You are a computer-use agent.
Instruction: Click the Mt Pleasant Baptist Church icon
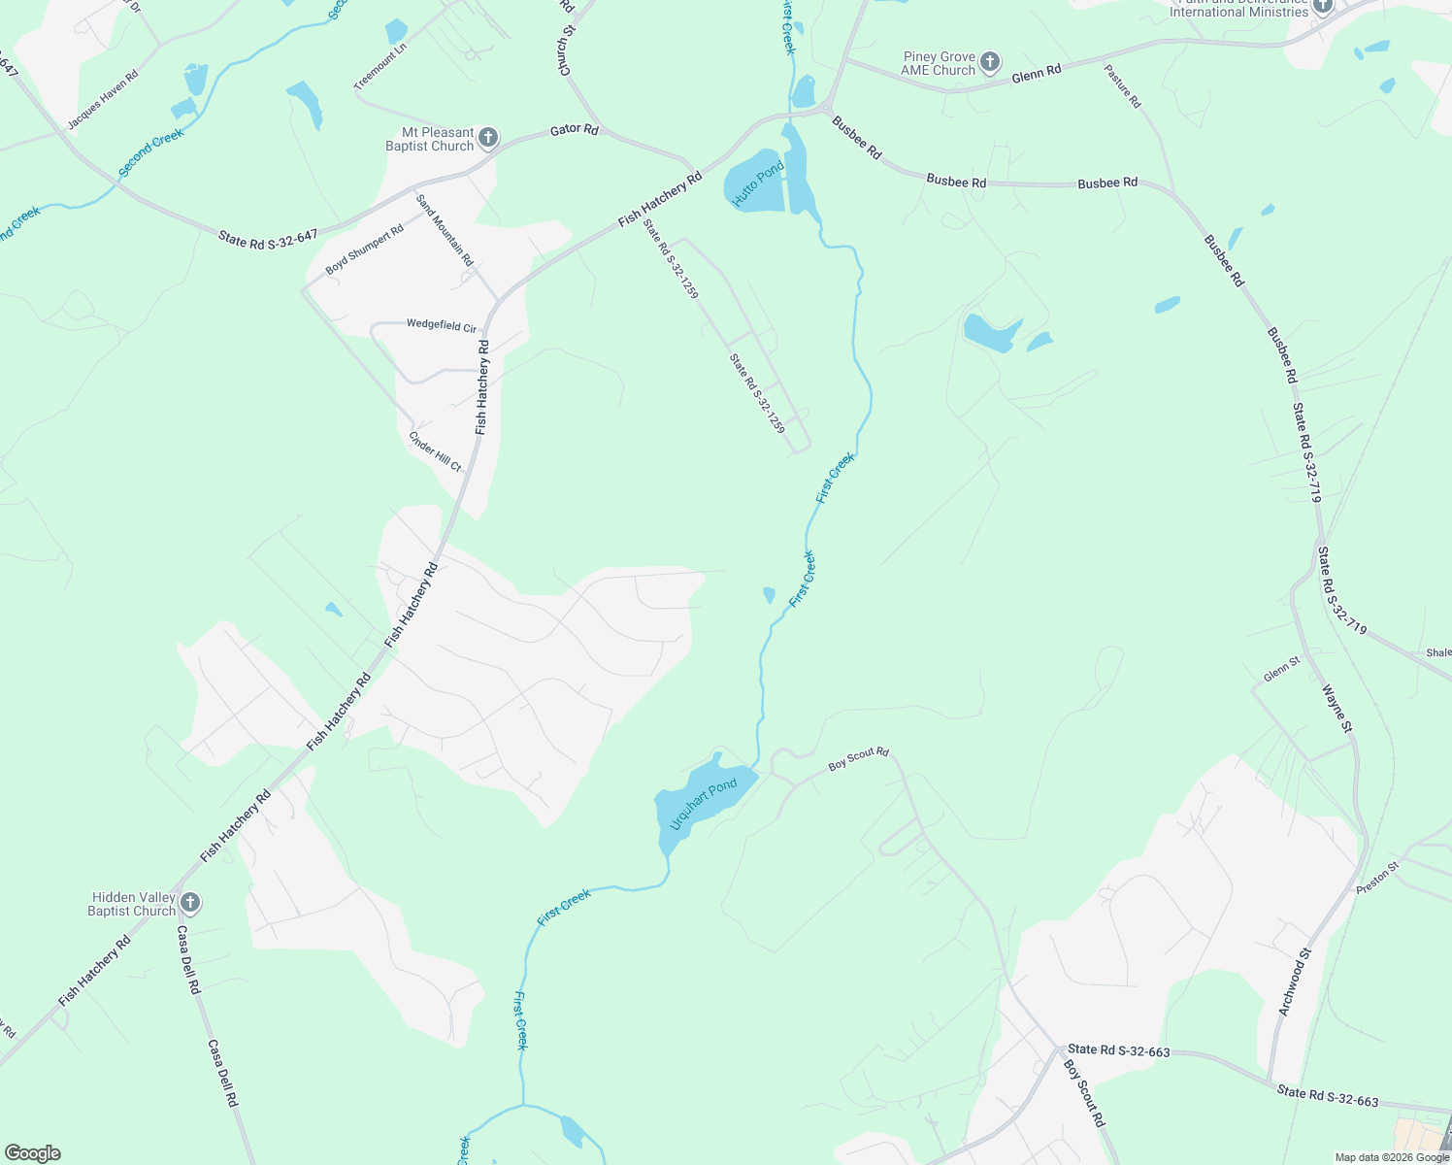pyautogui.click(x=488, y=138)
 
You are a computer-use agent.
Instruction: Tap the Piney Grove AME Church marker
pyautogui.click(x=989, y=63)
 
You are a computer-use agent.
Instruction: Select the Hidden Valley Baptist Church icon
pyautogui.click(x=190, y=903)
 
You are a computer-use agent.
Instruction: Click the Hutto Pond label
pyautogui.click(x=758, y=183)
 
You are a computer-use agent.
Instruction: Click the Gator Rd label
pyautogui.click(x=574, y=129)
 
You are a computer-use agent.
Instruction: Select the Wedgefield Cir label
pyautogui.click(x=442, y=325)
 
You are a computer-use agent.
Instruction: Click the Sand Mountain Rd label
pyautogui.click(x=445, y=230)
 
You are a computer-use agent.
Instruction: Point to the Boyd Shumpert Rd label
pyautogui.click(x=364, y=250)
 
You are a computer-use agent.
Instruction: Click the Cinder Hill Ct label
pyautogui.click(x=435, y=452)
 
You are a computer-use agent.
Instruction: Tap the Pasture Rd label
pyautogui.click(x=1122, y=86)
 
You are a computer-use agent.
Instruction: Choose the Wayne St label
pyautogui.click(x=1336, y=709)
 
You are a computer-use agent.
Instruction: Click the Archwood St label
pyautogui.click(x=1295, y=982)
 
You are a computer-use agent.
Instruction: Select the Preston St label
pyautogui.click(x=1378, y=878)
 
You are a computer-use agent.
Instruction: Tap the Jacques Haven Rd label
pyautogui.click(x=103, y=100)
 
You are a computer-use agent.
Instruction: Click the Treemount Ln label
pyautogui.click(x=380, y=66)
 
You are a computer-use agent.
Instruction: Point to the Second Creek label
pyautogui.click(x=151, y=153)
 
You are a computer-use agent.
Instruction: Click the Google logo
pyautogui.click(x=33, y=1153)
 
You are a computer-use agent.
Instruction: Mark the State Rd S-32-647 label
pyautogui.click(x=268, y=238)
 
